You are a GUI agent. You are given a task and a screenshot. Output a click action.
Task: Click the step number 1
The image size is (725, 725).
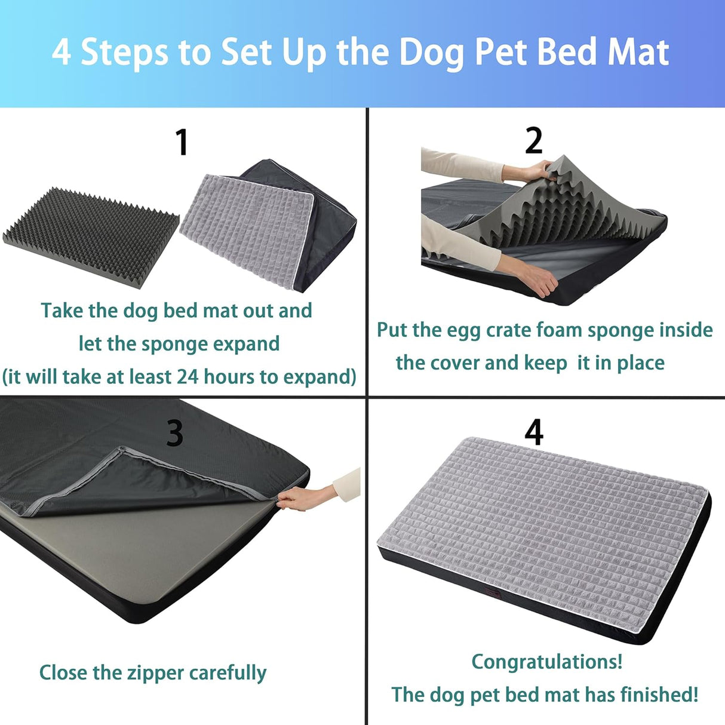(x=182, y=143)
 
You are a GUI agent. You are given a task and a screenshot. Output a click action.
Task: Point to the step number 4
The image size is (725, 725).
(x=533, y=432)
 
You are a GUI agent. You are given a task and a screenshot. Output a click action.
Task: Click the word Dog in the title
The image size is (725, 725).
(x=431, y=53)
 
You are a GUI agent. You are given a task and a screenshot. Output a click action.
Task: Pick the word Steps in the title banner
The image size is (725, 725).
(x=124, y=53)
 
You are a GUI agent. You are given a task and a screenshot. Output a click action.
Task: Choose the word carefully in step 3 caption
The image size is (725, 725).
(x=228, y=673)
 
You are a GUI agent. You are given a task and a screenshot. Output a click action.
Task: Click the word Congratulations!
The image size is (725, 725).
(x=546, y=662)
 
